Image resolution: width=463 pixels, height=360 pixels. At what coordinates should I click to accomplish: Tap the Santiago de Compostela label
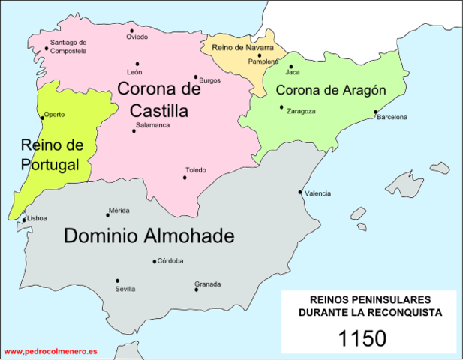pyautogui.click(x=68, y=46)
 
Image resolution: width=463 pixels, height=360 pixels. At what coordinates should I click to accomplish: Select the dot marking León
pyautogui.click(x=137, y=64)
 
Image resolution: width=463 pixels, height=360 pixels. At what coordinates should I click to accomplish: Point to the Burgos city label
pyautogui.click(x=210, y=79)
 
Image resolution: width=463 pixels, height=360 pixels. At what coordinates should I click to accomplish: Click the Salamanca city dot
pyautogui.click(x=134, y=131)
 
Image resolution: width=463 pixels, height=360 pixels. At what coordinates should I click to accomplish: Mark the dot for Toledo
pyautogui.click(x=185, y=178)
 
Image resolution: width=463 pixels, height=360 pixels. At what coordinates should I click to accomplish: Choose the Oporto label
pyautogui.click(x=55, y=115)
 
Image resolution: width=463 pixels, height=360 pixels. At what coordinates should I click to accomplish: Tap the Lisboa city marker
pyautogui.click(x=24, y=220)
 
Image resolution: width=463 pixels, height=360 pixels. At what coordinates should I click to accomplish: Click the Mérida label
pyautogui.click(x=119, y=211)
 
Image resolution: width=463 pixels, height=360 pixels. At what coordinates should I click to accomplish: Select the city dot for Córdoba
pyautogui.click(x=155, y=262)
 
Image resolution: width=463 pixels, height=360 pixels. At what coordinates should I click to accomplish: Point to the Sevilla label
pyautogui.click(x=125, y=289)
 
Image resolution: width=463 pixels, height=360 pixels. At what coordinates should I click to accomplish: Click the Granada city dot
pyautogui.click(x=197, y=289)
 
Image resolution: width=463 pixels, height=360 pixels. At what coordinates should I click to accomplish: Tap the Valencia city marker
pyautogui.click(x=301, y=192)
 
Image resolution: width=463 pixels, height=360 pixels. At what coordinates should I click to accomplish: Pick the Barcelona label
pyautogui.click(x=392, y=118)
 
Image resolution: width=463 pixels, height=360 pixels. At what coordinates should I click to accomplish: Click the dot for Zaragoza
pyautogui.click(x=282, y=107)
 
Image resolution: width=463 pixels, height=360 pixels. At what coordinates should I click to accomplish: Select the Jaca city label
pyautogui.click(x=293, y=73)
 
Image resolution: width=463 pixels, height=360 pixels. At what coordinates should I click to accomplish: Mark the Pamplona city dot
pyautogui.click(x=259, y=55)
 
